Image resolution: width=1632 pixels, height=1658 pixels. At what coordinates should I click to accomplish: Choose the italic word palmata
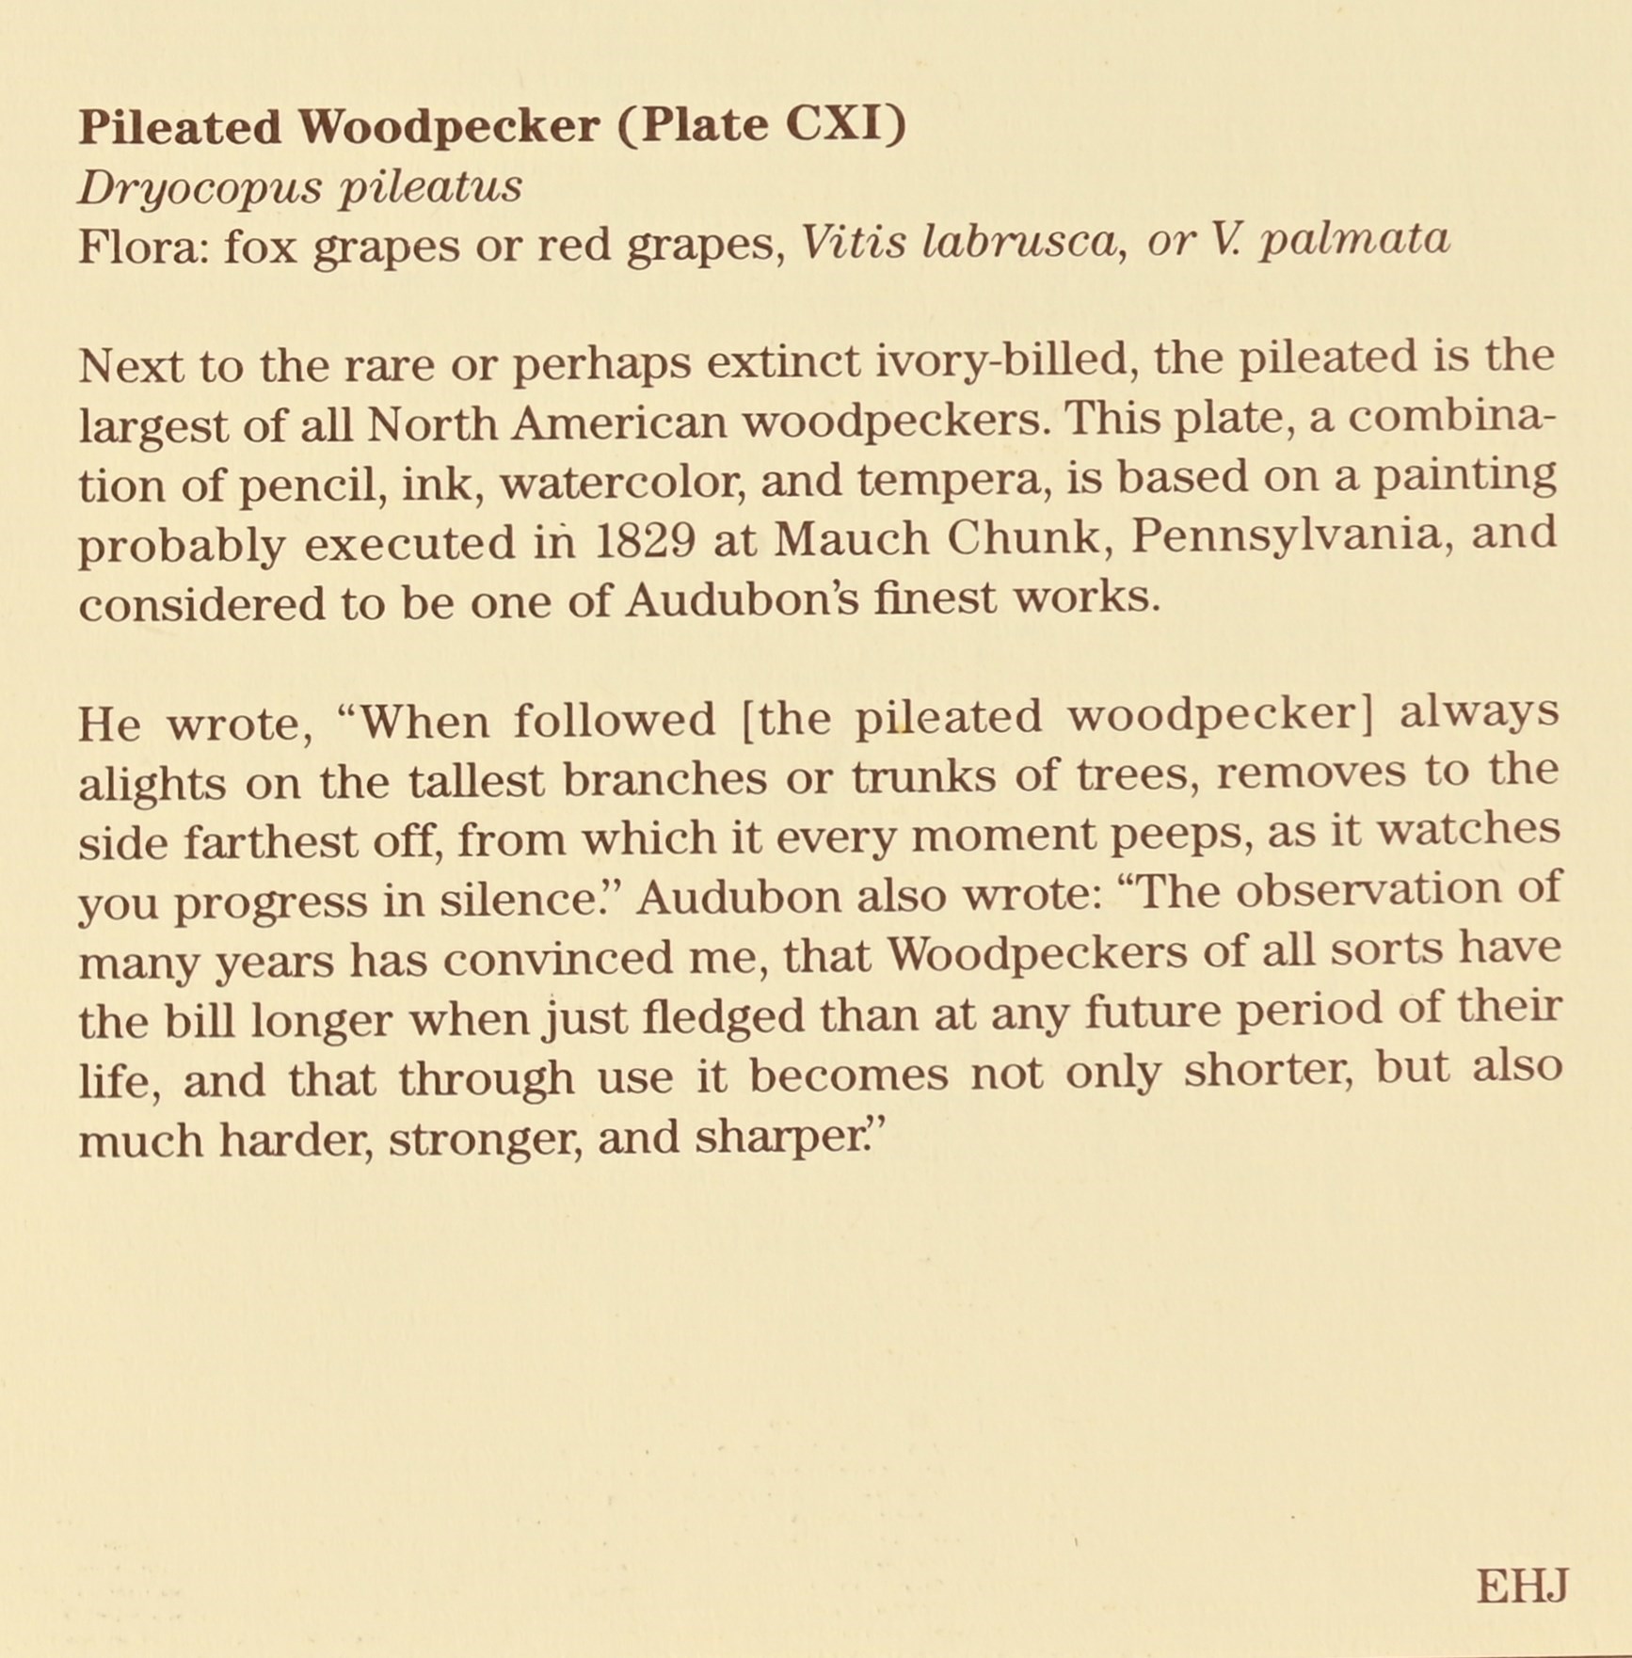coord(1354,240)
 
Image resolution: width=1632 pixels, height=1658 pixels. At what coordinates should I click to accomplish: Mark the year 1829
coord(648,540)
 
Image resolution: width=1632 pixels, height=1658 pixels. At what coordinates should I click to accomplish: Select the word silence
coord(529,901)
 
